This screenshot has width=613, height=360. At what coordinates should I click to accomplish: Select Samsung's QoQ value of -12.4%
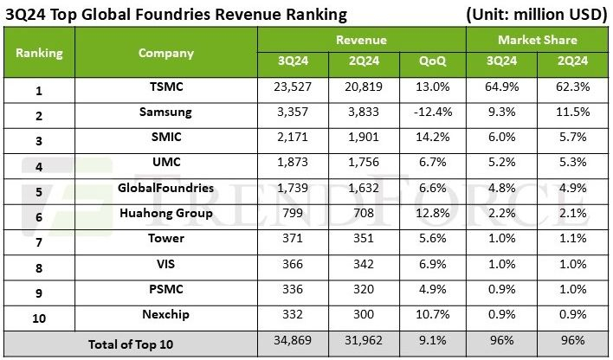pos(431,112)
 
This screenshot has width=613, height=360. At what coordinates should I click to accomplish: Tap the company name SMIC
pos(165,136)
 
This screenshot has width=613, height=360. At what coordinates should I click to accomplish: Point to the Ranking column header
pos(39,53)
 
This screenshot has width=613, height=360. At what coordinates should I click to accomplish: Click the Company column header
pos(165,53)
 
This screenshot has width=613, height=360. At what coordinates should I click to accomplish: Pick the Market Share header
pos(537,40)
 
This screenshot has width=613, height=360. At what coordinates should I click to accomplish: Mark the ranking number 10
pos(39,318)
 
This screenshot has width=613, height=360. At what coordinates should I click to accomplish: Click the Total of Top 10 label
pos(131,344)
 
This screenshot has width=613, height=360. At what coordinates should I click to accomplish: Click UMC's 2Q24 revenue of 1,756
pos(362,164)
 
